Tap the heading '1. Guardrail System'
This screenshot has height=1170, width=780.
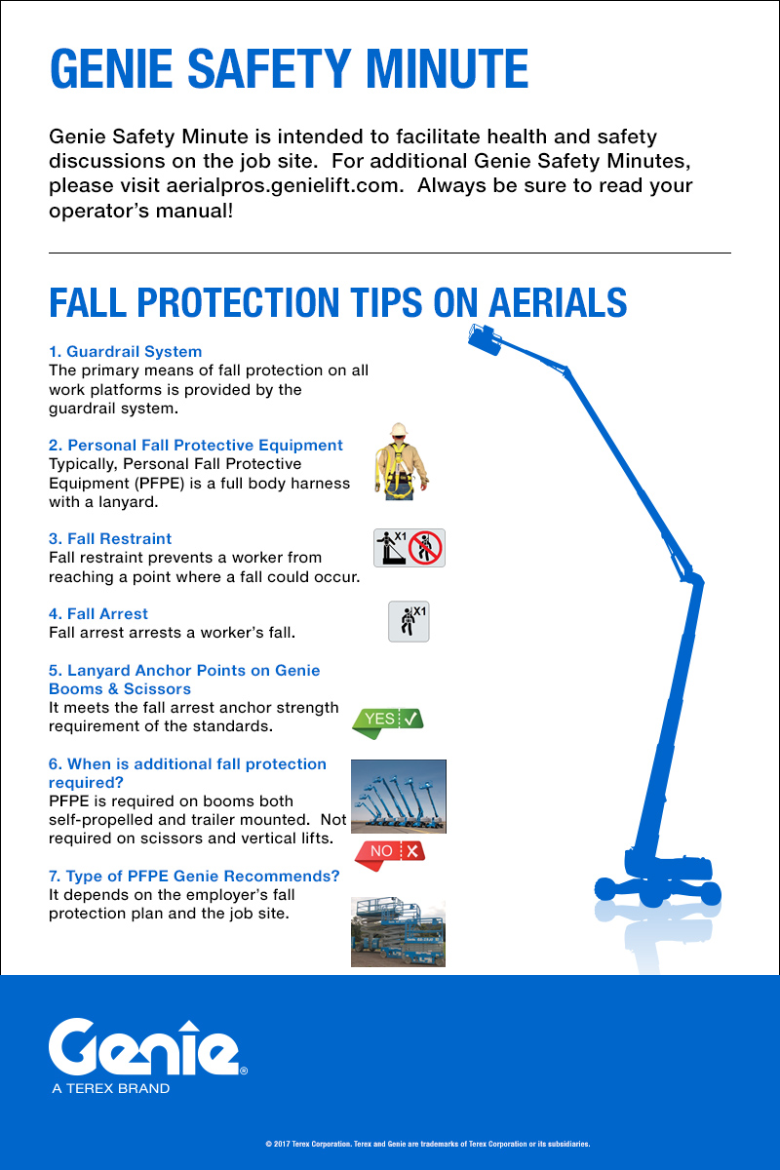pos(125,351)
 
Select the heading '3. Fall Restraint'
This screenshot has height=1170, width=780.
pos(110,538)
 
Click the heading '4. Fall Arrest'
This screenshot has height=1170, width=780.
pos(98,613)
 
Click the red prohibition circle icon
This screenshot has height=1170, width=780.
pos(426,548)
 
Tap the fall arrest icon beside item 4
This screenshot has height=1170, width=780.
pos(409,621)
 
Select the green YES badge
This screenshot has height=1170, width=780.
pos(387,720)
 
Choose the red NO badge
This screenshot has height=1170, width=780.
pos(389,851)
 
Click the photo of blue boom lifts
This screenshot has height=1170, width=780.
pos(398,796)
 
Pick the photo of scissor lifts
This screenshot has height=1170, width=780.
pos(398,933)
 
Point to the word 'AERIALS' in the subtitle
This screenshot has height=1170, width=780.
pos(557,302)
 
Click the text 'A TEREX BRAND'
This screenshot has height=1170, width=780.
pos(110,1088)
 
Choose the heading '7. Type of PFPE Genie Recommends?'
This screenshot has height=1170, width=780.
pos(194,876)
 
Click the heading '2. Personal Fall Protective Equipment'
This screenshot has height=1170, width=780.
pos(196,445)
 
